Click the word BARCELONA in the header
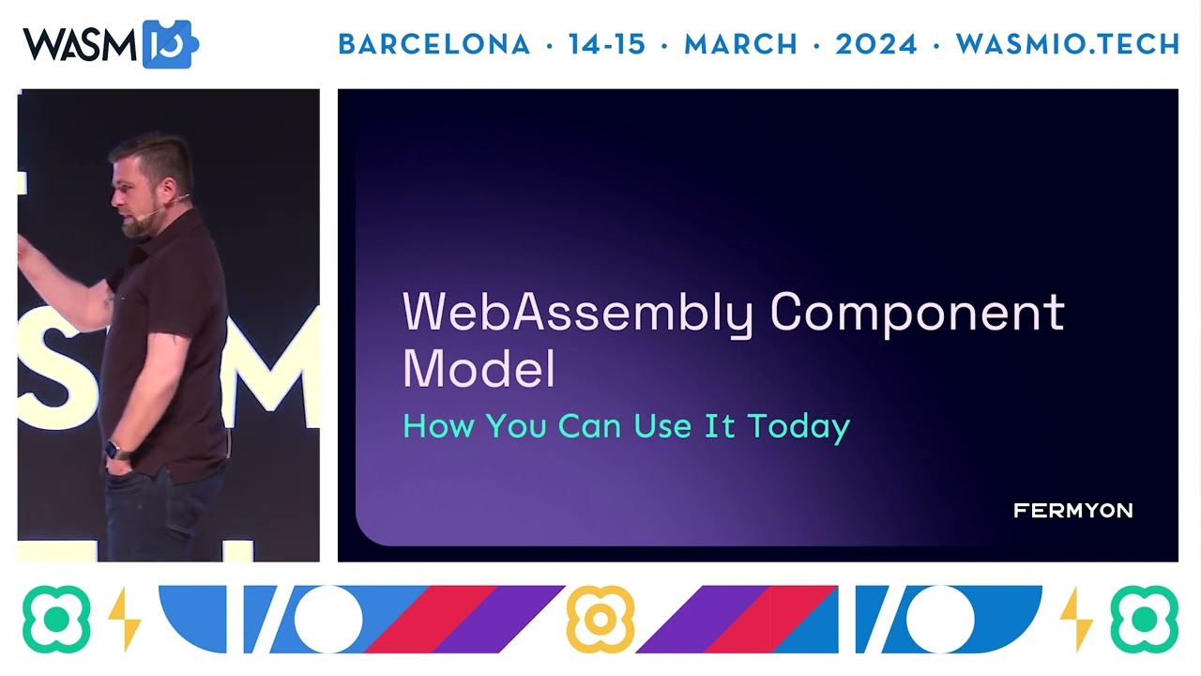pos(433,44)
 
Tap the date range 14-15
pos(607,44)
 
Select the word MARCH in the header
pos(741,44)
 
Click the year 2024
pos(876,44)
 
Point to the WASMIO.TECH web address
pos(1068,44)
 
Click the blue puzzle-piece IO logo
pos(168,44)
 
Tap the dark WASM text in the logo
pos(80,44)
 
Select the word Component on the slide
pos(917,313)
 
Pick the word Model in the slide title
pos(479,369)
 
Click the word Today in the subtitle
pos(798,426)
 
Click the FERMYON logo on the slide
pos(1072,511)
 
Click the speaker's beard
pos(139,225)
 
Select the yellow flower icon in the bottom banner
pos(600,619)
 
